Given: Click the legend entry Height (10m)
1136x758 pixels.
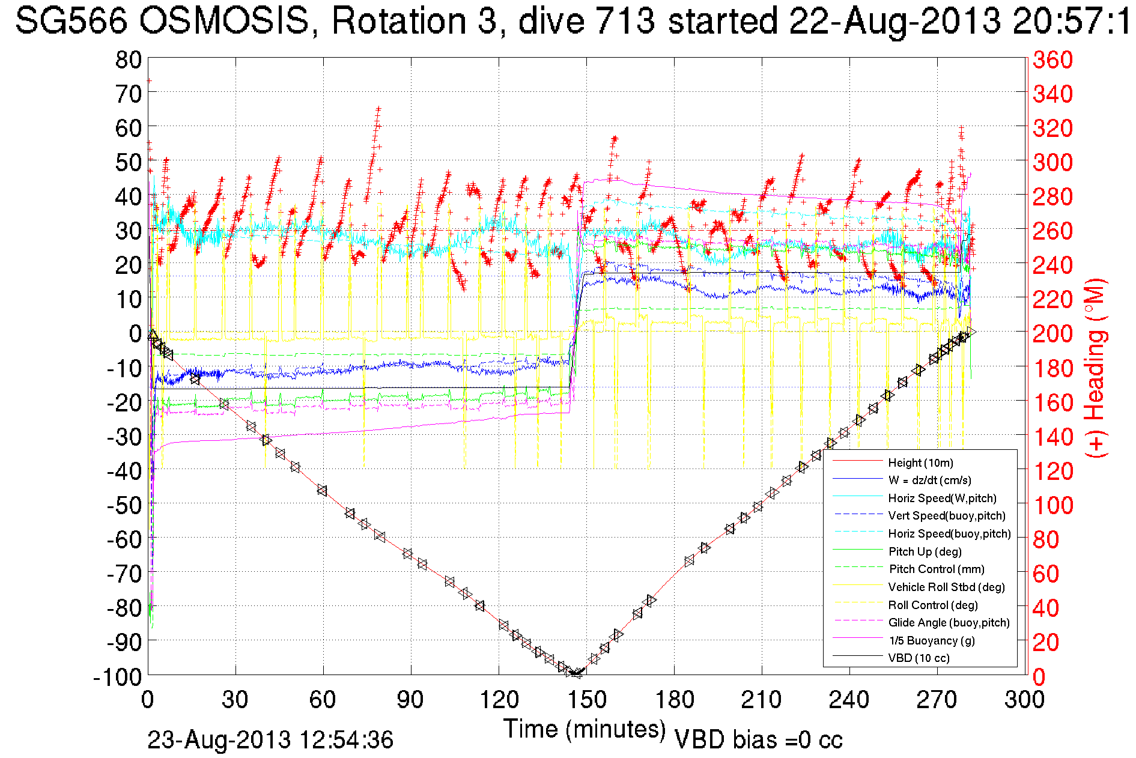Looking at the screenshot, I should point(920,462).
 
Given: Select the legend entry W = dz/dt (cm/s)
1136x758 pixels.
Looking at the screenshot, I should point(929,480).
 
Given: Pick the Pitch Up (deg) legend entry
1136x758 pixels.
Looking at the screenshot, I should point(925,551).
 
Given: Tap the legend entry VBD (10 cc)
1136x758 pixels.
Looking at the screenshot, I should point(919,658).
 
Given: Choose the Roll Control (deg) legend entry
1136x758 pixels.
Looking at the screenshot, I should point(932,605).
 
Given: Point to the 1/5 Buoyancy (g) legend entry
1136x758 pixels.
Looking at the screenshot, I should point(932,640).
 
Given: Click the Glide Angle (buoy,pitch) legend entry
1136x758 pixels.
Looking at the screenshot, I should point(949,622).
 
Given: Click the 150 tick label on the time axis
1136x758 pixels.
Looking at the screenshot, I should point(586,700).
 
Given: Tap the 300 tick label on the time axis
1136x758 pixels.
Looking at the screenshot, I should point(1024,700).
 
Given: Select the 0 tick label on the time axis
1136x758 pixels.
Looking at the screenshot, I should point(148,700).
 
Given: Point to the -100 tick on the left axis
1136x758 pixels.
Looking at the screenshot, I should point(117,677).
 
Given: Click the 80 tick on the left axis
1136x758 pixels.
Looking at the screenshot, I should point(128,59).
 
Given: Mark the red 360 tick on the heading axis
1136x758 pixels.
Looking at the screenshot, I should point(1052,59).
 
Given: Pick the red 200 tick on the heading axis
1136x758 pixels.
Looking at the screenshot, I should point(1052,333).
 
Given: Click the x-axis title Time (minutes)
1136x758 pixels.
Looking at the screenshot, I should point(584,729).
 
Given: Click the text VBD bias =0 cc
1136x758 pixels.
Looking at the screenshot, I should point(758,739).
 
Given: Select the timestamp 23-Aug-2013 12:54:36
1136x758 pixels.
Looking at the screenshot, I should point(270,740).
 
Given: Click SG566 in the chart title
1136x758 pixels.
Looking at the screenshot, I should point(71,21).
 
